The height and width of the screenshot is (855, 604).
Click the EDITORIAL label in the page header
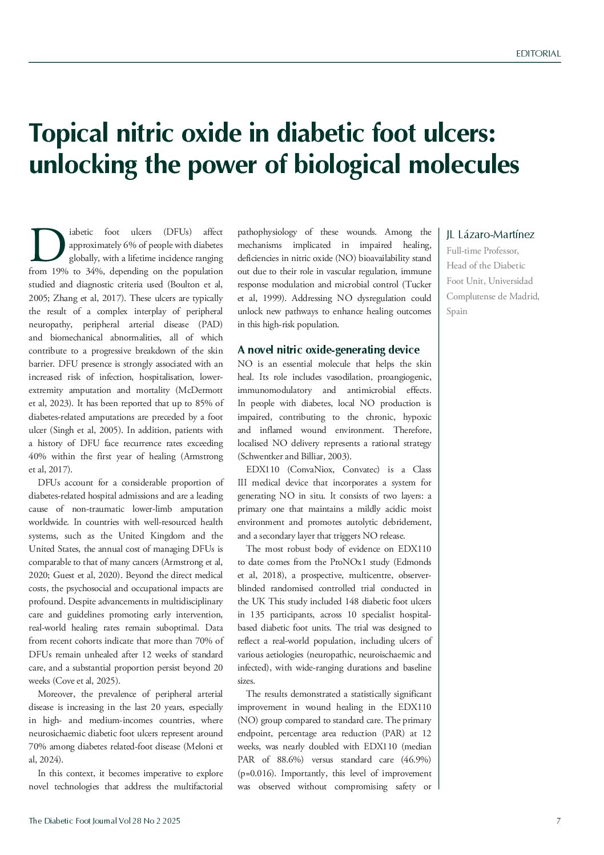(538, 54)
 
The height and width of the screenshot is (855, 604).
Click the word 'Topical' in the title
(68, 134)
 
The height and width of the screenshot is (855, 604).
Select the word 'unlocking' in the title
(83, 165)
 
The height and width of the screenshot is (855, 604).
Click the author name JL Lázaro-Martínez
(490, 235)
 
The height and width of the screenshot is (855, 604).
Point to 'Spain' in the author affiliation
(457, 311)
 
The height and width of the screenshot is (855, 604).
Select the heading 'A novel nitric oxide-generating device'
(328, 350)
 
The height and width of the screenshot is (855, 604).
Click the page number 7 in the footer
(558, 821)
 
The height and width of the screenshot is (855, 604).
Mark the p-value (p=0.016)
(257, 773)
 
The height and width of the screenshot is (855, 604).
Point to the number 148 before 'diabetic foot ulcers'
(352, 601)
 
